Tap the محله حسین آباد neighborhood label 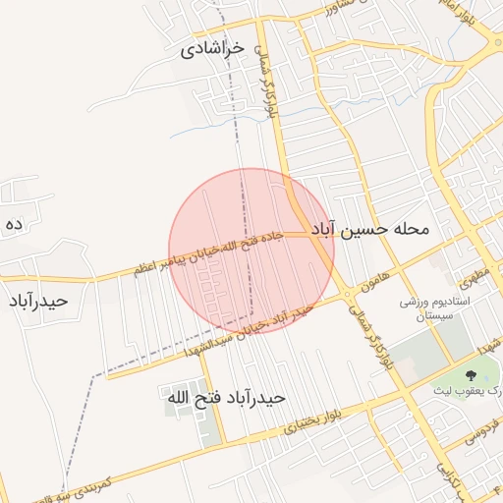pos(371,229)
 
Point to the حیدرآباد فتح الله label pos(224,398)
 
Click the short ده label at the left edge pos(13,225)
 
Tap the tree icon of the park pos(469,374)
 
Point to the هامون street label pos(373,279)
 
